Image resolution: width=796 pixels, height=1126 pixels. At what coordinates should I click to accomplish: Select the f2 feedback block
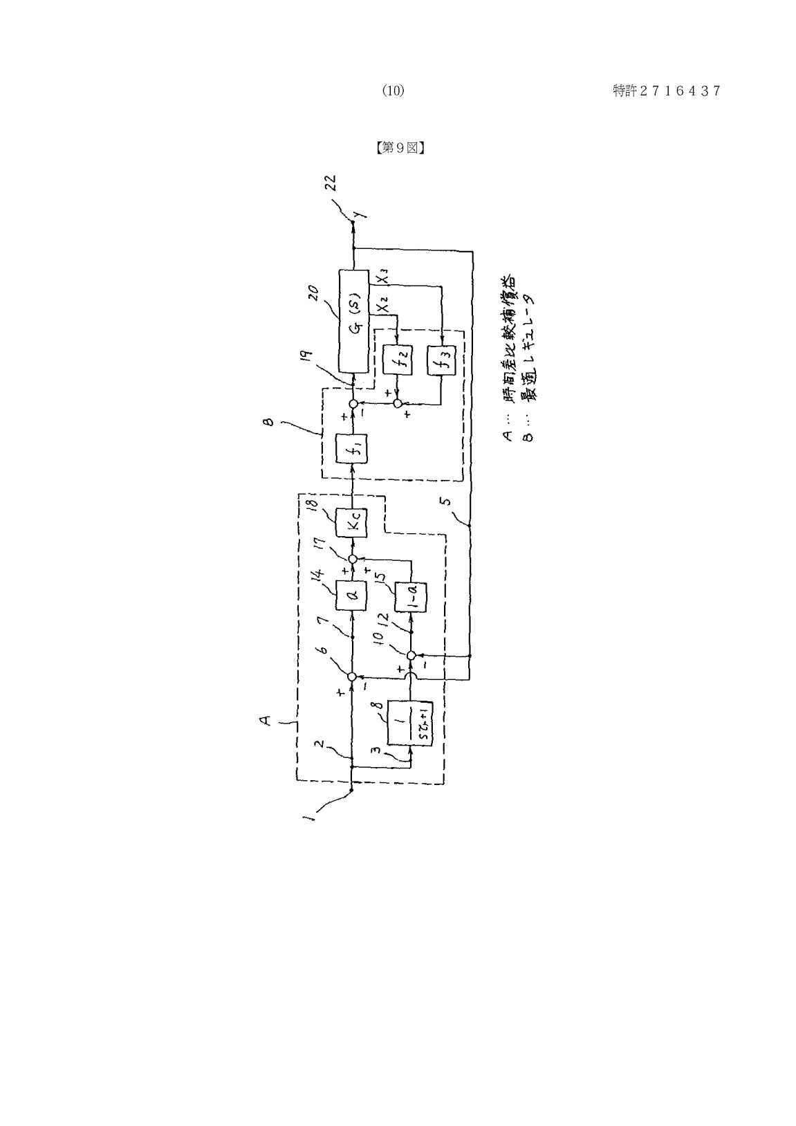click(x=397, y=361)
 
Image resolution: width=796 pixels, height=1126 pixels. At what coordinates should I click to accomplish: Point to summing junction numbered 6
click(x=352, y=676)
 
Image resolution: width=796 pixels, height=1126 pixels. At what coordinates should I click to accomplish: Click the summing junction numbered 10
click(x=411, y=655)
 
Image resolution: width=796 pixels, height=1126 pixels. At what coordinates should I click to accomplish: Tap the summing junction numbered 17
click(x=353, y=559)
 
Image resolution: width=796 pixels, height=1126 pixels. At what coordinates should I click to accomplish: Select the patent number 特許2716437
click(x=667, y=91)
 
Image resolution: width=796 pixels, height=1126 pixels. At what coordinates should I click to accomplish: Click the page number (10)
click(x=394, y=91)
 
